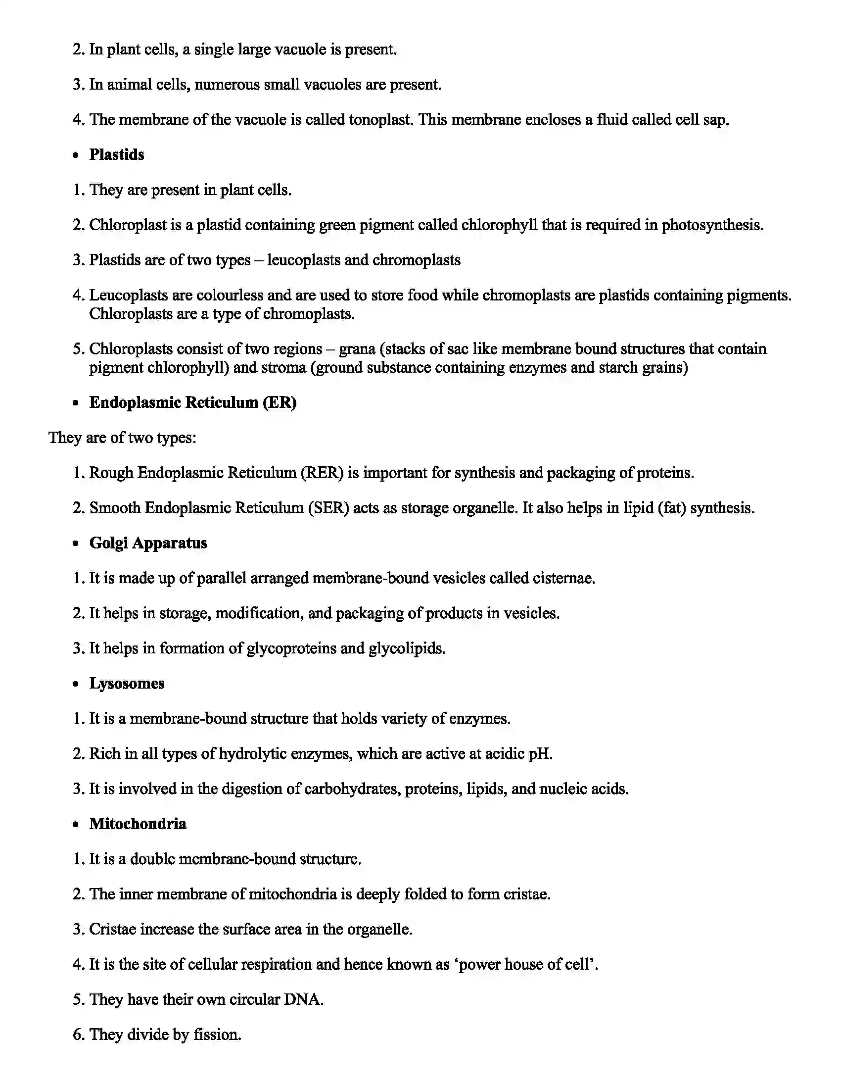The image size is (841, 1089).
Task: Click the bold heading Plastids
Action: [117, 154]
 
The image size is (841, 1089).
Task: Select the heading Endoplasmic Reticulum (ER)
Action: [193, 402]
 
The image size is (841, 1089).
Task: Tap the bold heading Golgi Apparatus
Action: [148, 543]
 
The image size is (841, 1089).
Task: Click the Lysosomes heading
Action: [127, 683]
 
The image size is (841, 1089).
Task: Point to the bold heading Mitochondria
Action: [138, 824]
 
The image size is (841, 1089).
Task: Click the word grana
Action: [357, 348]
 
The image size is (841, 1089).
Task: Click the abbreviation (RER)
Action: [323, 473]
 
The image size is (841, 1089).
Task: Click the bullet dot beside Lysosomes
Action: [75, 684]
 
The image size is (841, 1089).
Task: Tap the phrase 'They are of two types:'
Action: [122, 438]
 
